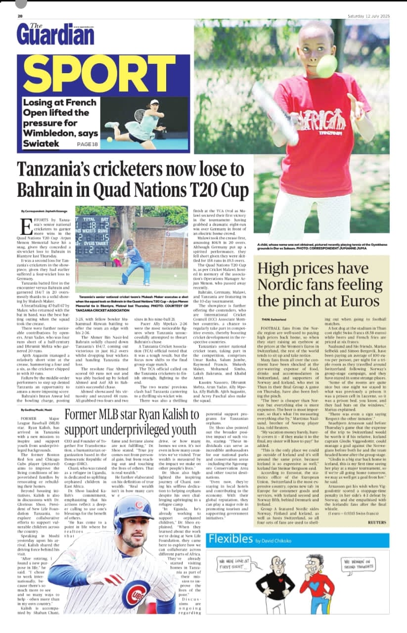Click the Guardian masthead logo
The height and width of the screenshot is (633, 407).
coord(55,34)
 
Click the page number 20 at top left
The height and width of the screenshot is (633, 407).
coord(20,16)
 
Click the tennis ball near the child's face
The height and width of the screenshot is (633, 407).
coord(326,66)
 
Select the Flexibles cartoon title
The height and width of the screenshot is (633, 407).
coord(231,539)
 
